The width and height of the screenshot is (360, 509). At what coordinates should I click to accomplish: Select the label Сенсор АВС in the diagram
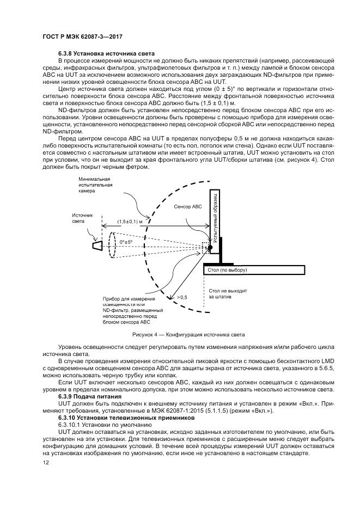[188, 207]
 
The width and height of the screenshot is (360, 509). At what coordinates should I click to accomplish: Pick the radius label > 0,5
[181, 297]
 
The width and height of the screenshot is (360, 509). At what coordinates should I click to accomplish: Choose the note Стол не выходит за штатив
[228, 295]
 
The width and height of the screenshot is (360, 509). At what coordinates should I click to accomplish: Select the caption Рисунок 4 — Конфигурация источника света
[180, 334]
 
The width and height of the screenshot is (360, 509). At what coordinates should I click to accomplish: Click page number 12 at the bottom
[46, 462]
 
